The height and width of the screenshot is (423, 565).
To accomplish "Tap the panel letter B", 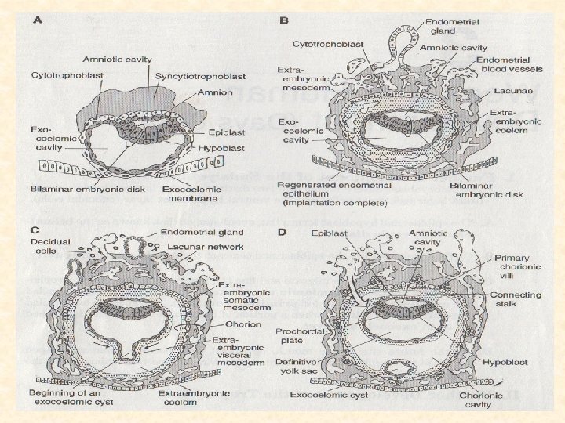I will [x=285, y=20].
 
